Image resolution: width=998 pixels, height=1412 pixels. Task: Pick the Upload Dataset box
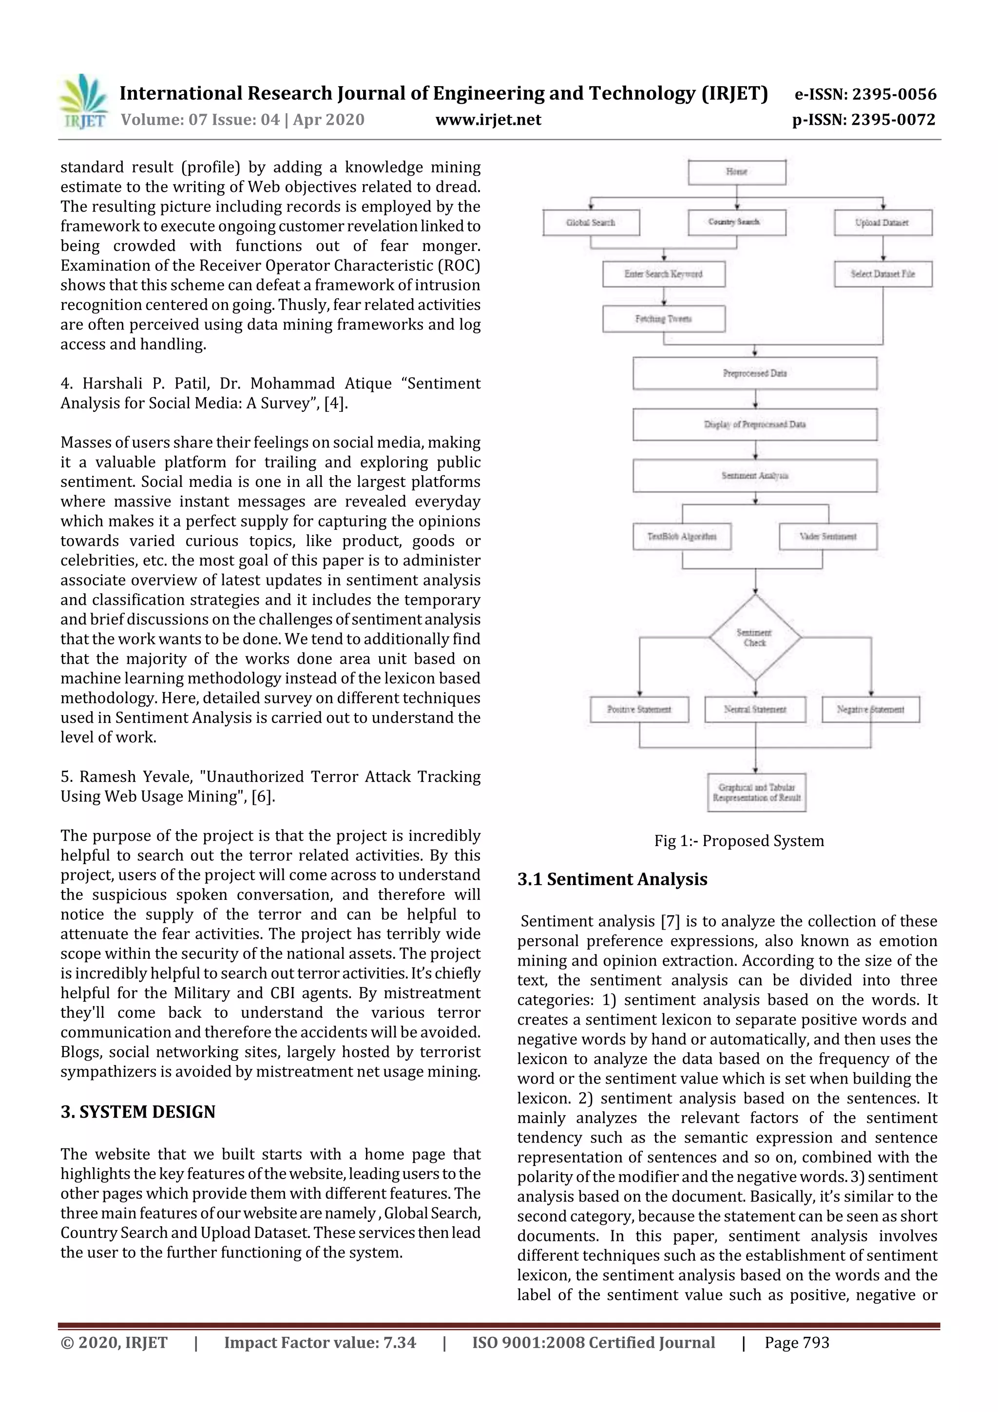[883, 223]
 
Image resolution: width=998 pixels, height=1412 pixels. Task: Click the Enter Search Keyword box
[664, 274]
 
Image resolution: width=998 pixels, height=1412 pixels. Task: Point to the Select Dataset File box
[883, 274]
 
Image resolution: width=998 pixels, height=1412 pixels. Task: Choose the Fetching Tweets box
[664, 319]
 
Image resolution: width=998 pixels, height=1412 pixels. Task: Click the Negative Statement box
[870, 710]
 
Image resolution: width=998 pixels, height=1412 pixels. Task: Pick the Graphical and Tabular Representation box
[756, 793]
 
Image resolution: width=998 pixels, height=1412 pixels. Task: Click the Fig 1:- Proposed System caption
[738, 841]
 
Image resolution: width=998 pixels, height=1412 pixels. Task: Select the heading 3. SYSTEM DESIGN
[138, 1112]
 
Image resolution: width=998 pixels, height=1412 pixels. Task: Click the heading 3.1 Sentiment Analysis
[612, 879]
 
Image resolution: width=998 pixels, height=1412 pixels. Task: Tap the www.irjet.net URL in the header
[488, 119]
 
